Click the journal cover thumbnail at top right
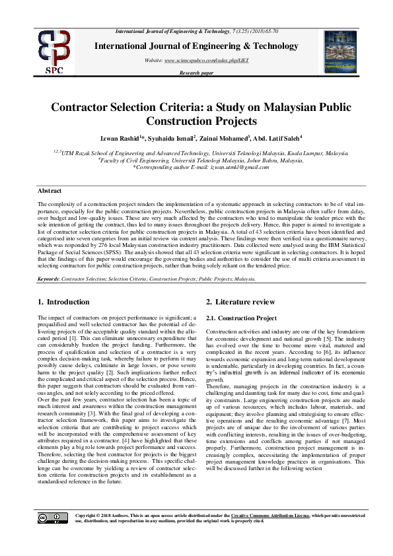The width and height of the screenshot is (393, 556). (340, 51)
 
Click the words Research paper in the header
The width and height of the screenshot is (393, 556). (196, 73)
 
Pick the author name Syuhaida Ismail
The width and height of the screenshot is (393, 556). (190, 138)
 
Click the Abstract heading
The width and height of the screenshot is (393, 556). (50, 190)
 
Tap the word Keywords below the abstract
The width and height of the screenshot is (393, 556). (49, 279)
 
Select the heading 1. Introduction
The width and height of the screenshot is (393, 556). (63, 302)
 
